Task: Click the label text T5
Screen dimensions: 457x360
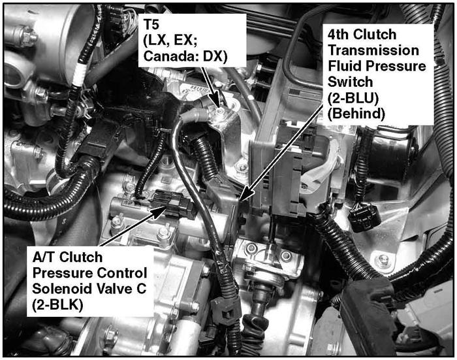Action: click(x=151, y=25)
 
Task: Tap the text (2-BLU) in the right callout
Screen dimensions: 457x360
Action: click(x=353, y=98)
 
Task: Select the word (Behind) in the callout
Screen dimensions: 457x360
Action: click(x=356, y=114)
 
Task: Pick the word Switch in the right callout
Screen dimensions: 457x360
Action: click(x=350, y=82)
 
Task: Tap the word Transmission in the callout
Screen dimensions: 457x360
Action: click(x=373, y=50)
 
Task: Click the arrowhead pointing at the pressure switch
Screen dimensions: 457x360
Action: click(x=245, y=194)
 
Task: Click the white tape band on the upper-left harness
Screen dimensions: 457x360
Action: click(x=78, y=75)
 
